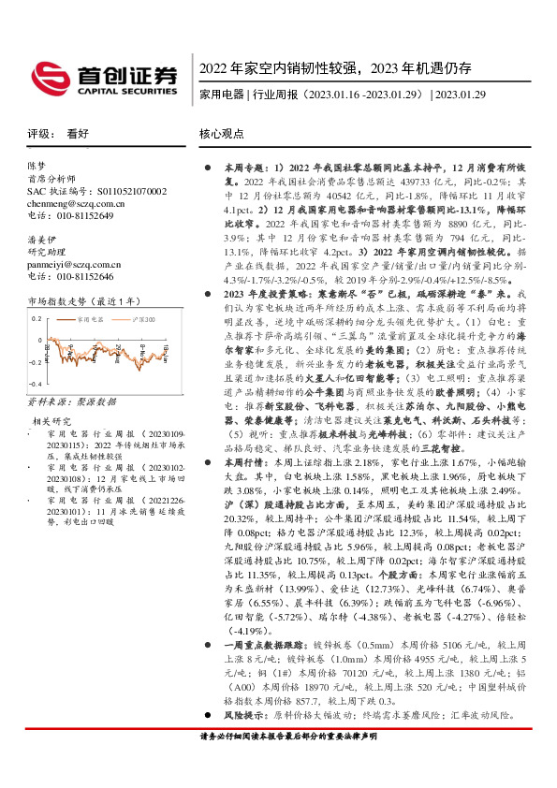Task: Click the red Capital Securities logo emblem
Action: [47, 75]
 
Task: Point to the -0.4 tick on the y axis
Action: [35, 385]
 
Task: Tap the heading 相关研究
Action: [49, 421]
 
